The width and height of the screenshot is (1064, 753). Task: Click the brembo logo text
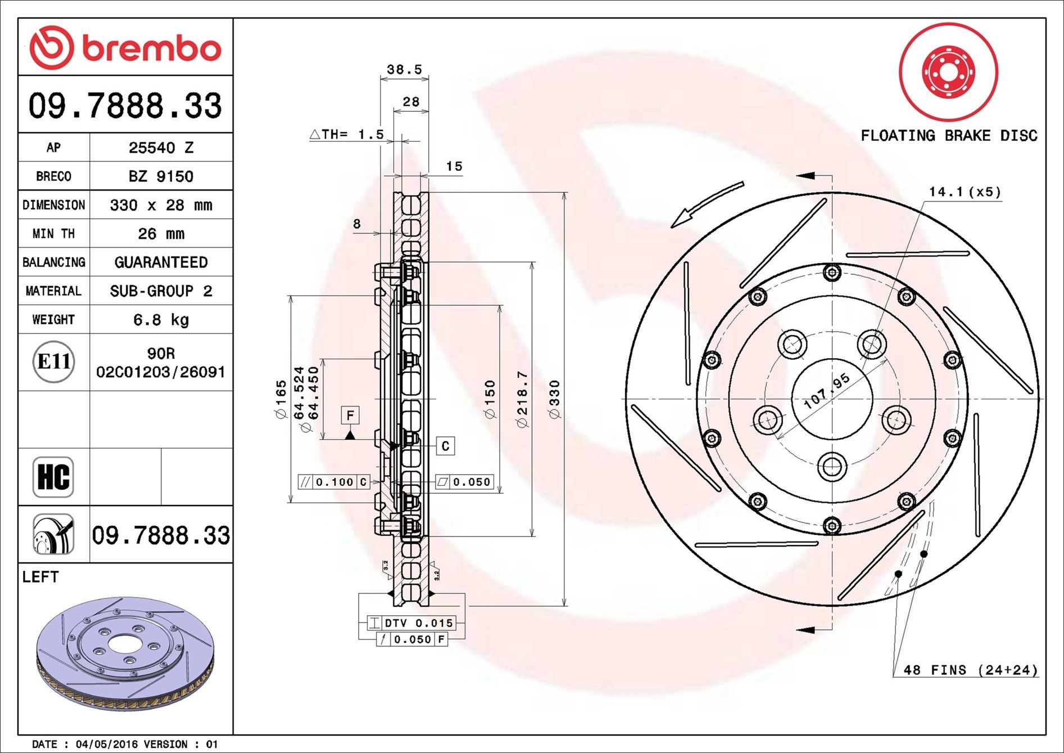point(152,49)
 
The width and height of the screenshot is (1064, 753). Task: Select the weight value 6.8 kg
point(161,320)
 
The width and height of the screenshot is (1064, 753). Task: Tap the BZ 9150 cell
point(161,176)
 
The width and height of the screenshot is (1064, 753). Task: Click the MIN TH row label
point(53,233)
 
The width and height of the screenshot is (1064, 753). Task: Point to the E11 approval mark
point(53,362)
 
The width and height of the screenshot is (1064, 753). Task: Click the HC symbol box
point(53,477)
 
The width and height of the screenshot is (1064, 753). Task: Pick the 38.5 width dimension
point(405,69)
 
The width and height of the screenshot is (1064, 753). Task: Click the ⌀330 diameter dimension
point(555,399)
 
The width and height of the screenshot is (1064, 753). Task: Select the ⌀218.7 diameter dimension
point(522,399)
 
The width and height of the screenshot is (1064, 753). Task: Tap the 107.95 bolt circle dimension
point(826,391)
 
